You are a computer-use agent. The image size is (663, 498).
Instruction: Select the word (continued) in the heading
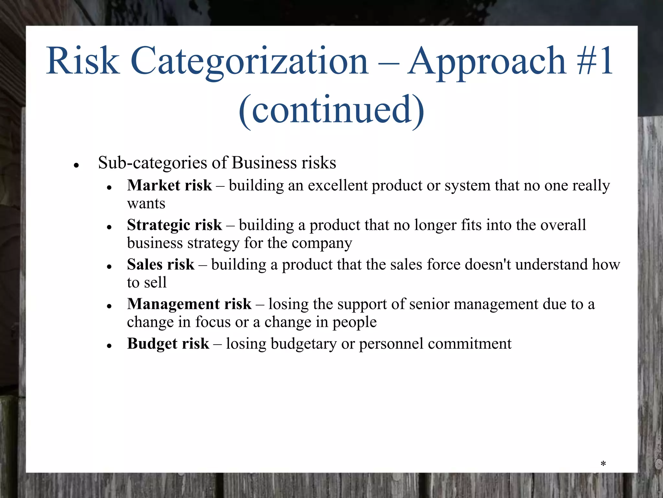click(x=331, y=110)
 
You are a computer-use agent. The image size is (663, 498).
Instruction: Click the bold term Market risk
click(x=169, y=185)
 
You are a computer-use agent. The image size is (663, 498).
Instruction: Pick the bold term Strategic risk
click(x=174, y=225)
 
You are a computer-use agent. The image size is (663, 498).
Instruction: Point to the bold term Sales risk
click(x=161, y=265)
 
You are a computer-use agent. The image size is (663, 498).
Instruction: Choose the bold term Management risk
click(x=189, y=304)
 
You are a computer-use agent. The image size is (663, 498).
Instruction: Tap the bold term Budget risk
click(x=168, y=344)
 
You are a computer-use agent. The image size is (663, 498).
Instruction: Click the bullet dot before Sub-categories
click(x=76, y=165)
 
